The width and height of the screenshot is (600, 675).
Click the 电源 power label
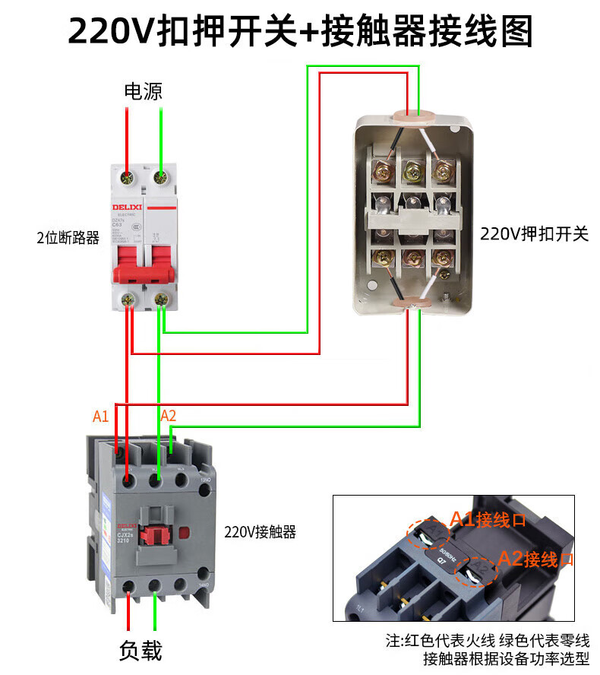[x=143, y=92]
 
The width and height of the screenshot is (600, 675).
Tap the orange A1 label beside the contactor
[x=100, y=416]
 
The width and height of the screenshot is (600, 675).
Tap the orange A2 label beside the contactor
[x=168, y=416]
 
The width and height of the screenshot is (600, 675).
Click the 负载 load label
[x=141, y=651]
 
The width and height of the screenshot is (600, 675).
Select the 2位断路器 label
[x=68, y=238]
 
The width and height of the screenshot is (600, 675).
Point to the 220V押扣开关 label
[x=534, y=234]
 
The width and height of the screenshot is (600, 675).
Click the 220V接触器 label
[x=261, y=532]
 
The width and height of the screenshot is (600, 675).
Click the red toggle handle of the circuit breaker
[x=146, y=273]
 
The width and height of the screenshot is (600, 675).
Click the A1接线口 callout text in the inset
[x=488, y=520]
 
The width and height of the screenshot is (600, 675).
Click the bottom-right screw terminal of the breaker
[x=161, y=301]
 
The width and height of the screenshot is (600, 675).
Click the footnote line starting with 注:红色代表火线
[x=487, y=641]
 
